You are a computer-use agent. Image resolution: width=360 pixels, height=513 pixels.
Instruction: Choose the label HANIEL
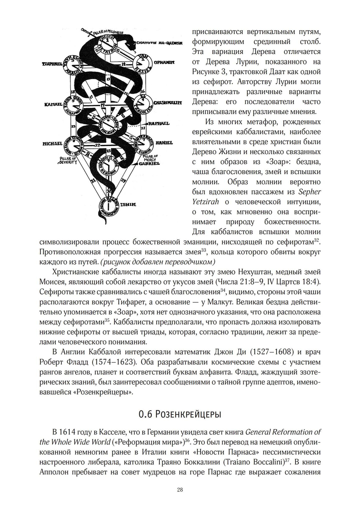164,143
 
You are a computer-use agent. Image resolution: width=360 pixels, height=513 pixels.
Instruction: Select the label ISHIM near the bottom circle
128,205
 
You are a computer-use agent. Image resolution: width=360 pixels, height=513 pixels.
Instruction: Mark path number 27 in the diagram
97,145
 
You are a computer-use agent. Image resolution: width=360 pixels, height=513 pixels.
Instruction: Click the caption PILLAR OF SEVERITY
68,160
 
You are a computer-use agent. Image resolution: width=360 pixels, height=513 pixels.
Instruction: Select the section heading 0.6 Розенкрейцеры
180,415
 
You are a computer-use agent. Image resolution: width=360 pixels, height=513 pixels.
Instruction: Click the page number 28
180,490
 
